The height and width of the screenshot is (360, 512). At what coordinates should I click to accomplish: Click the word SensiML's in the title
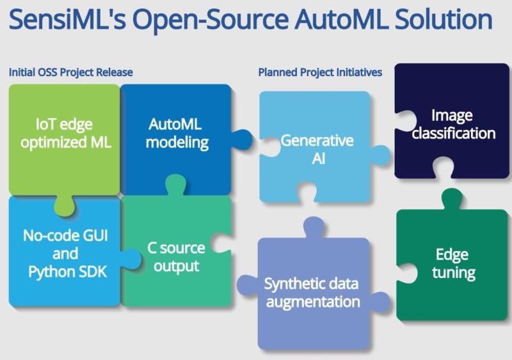(x=67, y=20)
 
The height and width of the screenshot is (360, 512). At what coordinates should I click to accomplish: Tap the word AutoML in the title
(x=341, y=20)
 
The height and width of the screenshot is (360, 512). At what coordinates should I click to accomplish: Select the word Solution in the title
(x=444, y=20)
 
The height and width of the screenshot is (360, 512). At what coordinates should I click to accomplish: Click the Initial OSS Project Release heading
(x=71, y=72)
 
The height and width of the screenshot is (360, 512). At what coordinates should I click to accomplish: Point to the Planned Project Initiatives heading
(x=320, y=72)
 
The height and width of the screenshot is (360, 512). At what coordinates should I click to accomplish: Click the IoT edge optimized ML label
(x=66, y=133)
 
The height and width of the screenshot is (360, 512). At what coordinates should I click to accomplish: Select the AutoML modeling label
(x=177, y=133)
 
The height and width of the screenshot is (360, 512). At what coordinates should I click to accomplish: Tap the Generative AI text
(x=317, y=149)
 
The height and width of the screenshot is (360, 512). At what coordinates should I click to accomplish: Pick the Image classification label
(x=453, y=124)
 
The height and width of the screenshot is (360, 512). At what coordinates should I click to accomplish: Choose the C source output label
(x=177, y=257)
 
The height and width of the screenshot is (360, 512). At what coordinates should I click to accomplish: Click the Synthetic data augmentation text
(x=312, y=293)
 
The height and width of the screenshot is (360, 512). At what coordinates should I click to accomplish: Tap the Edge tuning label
(x=453, y=264)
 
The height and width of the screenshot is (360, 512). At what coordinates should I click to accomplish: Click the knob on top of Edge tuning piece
(x=452, y=199)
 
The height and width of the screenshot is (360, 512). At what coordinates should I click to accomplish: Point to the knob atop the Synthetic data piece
(x=314, y=227)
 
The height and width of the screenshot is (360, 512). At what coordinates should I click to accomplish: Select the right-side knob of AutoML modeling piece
(x=241, y=140)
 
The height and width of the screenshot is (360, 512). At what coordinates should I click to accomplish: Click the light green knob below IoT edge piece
(x=65, y=206)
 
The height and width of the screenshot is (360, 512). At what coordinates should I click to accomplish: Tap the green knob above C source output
(x=175, y=185)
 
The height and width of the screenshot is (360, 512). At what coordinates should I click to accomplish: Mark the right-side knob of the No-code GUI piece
(x=131, y=259)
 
